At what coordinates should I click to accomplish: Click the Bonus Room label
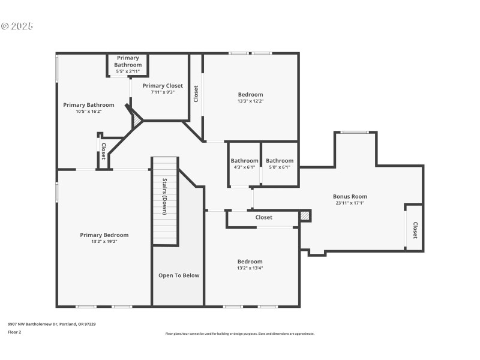[x=350, y=196]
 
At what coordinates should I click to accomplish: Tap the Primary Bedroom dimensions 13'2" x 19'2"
[x=104, y=241]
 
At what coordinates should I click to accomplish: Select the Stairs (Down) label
[x=164, y=196]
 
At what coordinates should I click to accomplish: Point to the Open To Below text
[x=179, y=275]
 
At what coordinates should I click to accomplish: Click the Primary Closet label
[x=163, y=86]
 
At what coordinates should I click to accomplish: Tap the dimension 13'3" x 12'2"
[x=250, y=101]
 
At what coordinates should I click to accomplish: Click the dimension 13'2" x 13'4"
[x=250, y=268]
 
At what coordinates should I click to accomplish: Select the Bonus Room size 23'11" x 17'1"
[x=350, y=203]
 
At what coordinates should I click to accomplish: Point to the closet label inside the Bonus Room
[x=415, y=230]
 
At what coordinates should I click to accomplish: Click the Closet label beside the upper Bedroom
[x=196, y=94]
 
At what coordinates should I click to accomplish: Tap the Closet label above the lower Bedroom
[x=264, y=217]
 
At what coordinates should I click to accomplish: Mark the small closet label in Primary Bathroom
[x=103, y=151]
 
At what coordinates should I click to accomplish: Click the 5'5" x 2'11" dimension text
[x=128, y=71]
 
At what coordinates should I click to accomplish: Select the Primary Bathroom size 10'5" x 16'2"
[x=88, y=111]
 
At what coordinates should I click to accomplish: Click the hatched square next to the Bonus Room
[x=305, y=215]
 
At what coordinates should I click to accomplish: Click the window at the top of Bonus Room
[x=355, y=132]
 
